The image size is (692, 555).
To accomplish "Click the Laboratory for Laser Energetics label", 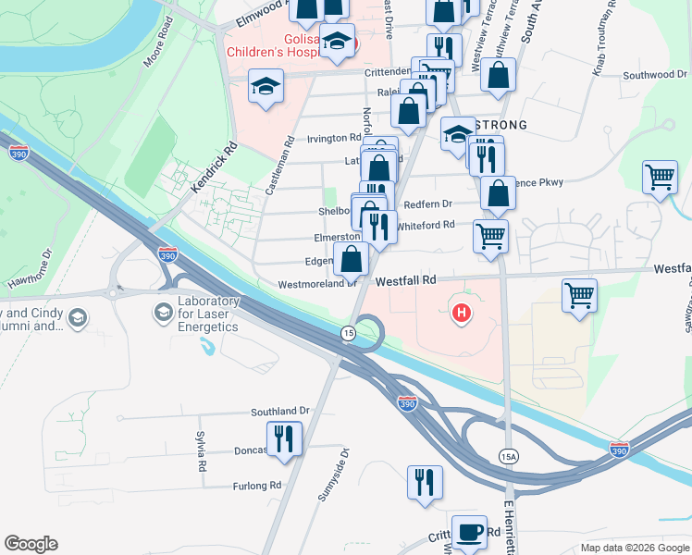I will [x=208, y=314].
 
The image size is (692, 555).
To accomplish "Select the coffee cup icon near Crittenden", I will [x=469, y=531].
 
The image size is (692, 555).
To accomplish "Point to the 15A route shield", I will [x=508, y=456].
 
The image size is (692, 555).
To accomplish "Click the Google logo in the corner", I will [x=31, y=544].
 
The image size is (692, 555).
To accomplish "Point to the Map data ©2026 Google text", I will [x=635, y=548].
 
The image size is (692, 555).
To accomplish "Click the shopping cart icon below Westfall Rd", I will [x=579, y=296].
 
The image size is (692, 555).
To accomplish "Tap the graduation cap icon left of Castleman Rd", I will [x=266, y=87].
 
